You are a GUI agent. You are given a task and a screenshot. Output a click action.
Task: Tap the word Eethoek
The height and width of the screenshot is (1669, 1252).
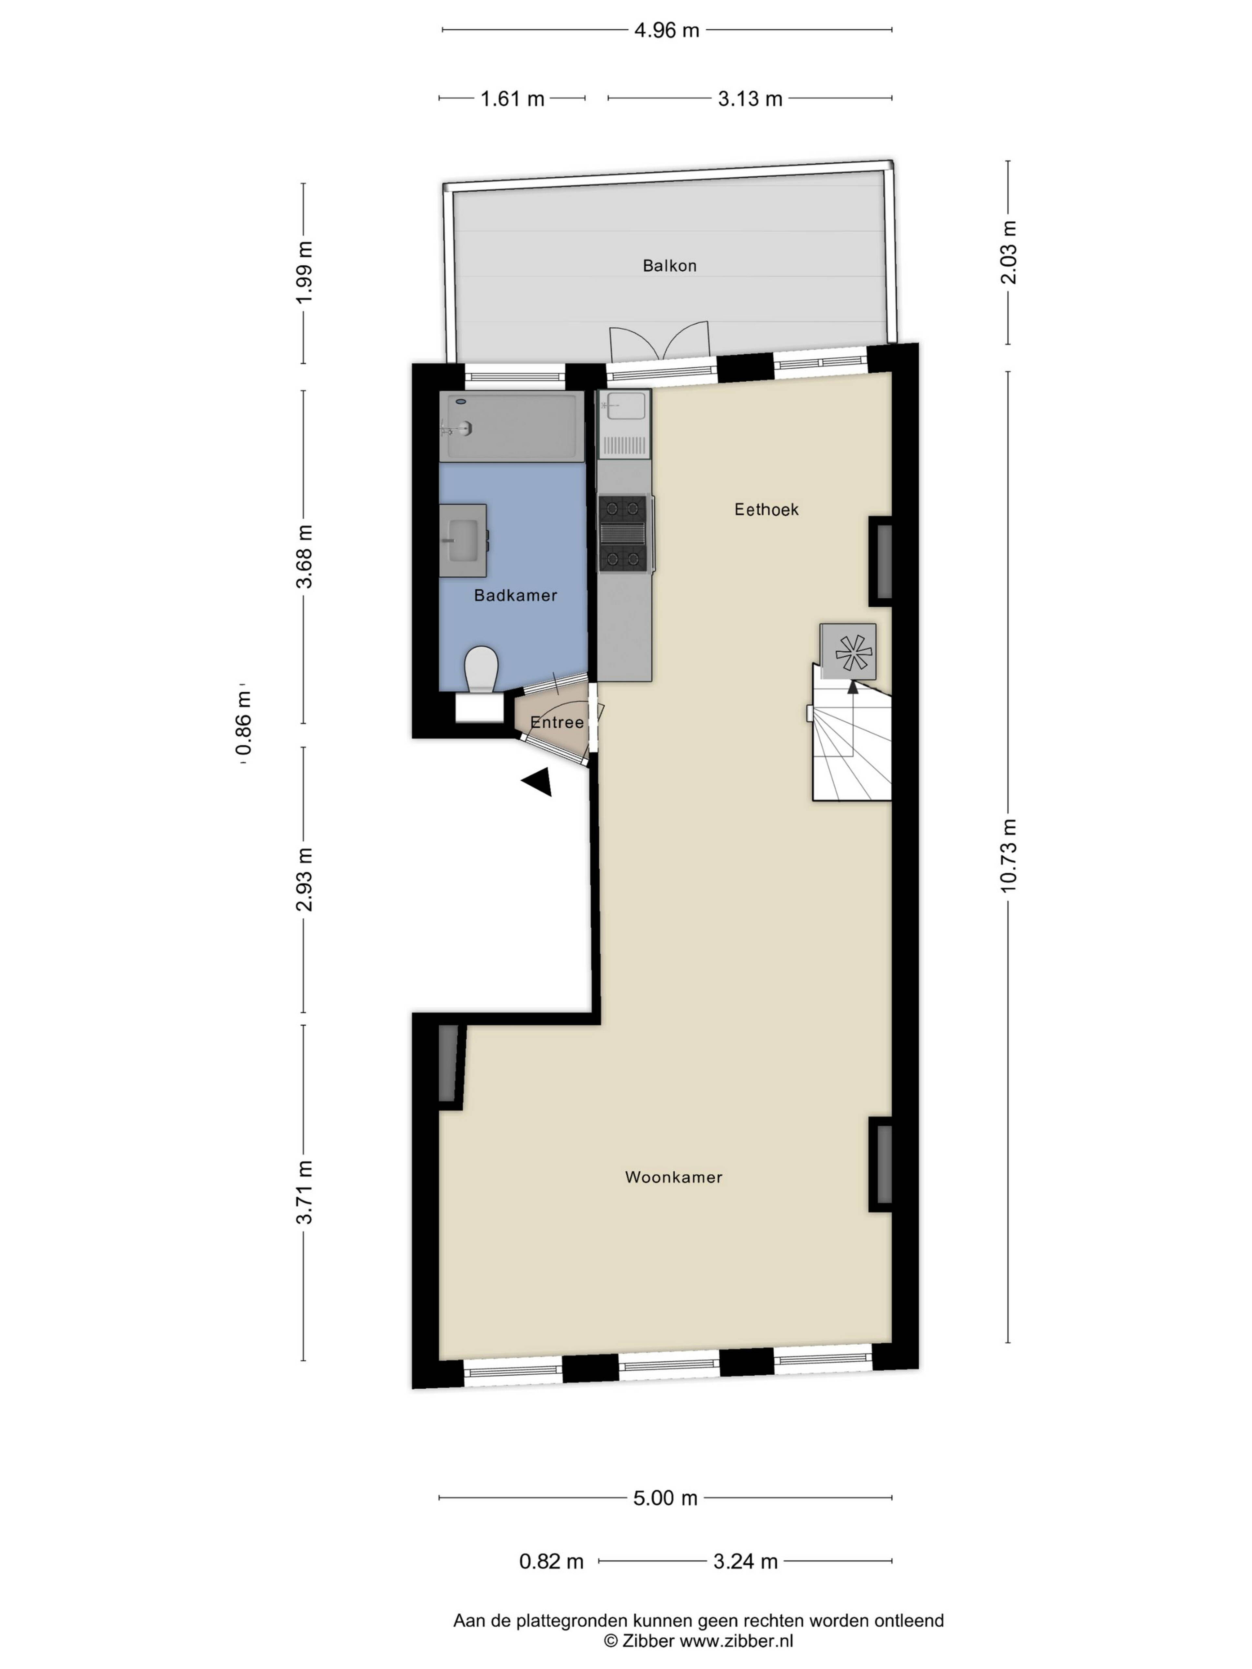[766, 509]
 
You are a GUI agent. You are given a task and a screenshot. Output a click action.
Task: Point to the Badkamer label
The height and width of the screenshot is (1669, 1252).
[515, 595]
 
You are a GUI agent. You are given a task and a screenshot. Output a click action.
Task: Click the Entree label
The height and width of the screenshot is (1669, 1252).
[557, 722]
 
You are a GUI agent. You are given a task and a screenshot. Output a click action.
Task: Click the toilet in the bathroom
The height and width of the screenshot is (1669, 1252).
[481, 669]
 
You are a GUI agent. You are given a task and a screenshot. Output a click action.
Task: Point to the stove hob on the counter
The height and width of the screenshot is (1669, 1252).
[623, 533]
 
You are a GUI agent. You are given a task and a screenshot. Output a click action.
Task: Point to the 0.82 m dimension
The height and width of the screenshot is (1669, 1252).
[551, 1562]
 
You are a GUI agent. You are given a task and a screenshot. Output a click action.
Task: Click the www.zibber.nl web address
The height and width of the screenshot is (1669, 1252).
[737, 1640]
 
